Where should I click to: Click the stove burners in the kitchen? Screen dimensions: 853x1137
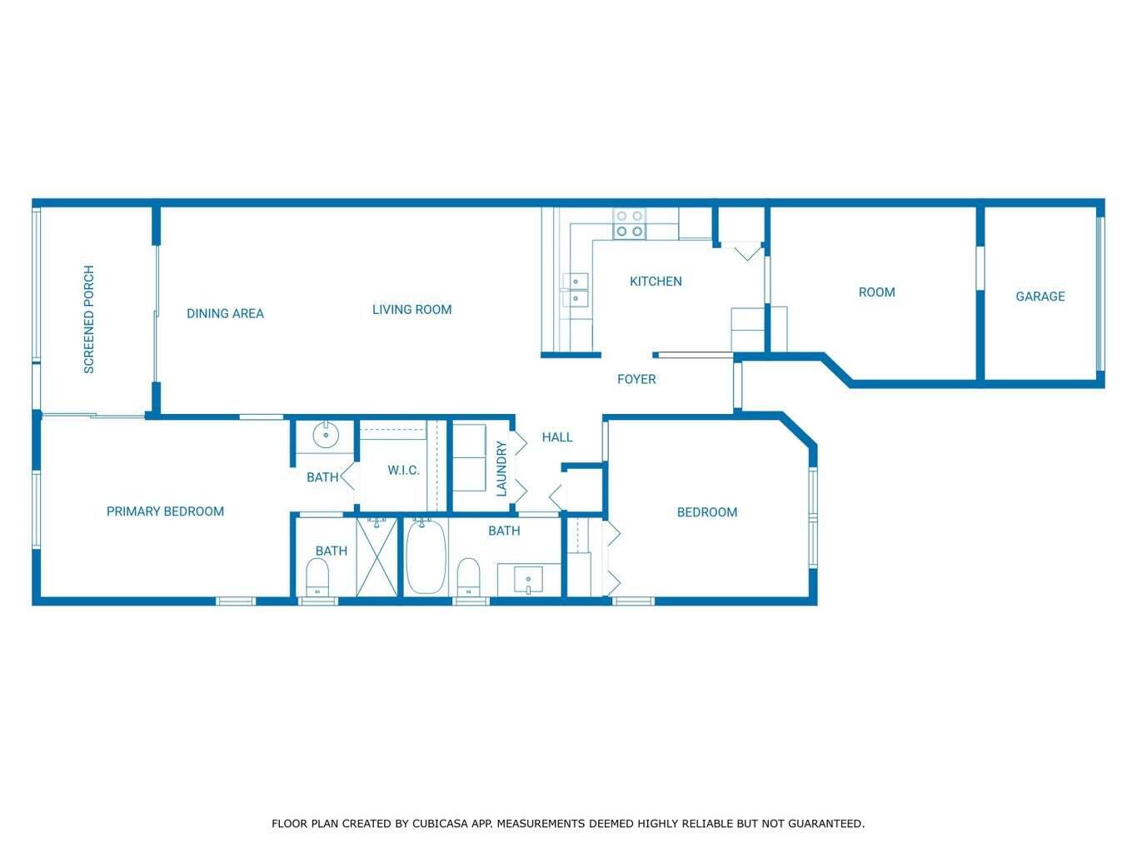click(x=629, y=223)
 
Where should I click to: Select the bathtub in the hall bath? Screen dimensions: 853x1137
click(x=426, y=556)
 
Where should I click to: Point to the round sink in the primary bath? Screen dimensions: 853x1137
click(x=325, y=435)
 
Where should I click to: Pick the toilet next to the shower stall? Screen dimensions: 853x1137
click(x=317, y=576)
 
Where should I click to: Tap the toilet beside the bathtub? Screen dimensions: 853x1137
click(x=469, y=576)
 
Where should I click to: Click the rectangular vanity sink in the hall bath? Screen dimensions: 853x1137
click(x=528, y=579)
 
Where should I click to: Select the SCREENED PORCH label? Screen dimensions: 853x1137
click(x=89, y=319)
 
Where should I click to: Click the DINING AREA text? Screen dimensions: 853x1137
click(x=225, y=313)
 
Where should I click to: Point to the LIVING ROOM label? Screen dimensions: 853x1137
click(x=411, y=309)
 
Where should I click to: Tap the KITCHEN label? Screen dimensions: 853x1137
click(x=656, y=281)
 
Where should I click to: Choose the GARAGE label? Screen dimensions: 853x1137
click(x=1040, y=296)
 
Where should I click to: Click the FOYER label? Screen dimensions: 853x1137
click(x=636, y=379)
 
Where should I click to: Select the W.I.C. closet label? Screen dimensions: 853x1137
click(x=403, y=470)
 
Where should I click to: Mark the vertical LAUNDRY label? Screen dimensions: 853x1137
click(x=501, y=469)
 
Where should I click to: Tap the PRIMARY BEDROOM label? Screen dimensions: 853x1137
click(x=165, y=511)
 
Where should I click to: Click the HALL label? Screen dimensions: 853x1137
click(x=557, y=436)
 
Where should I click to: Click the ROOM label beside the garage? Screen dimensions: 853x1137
click(x=876, y=292)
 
